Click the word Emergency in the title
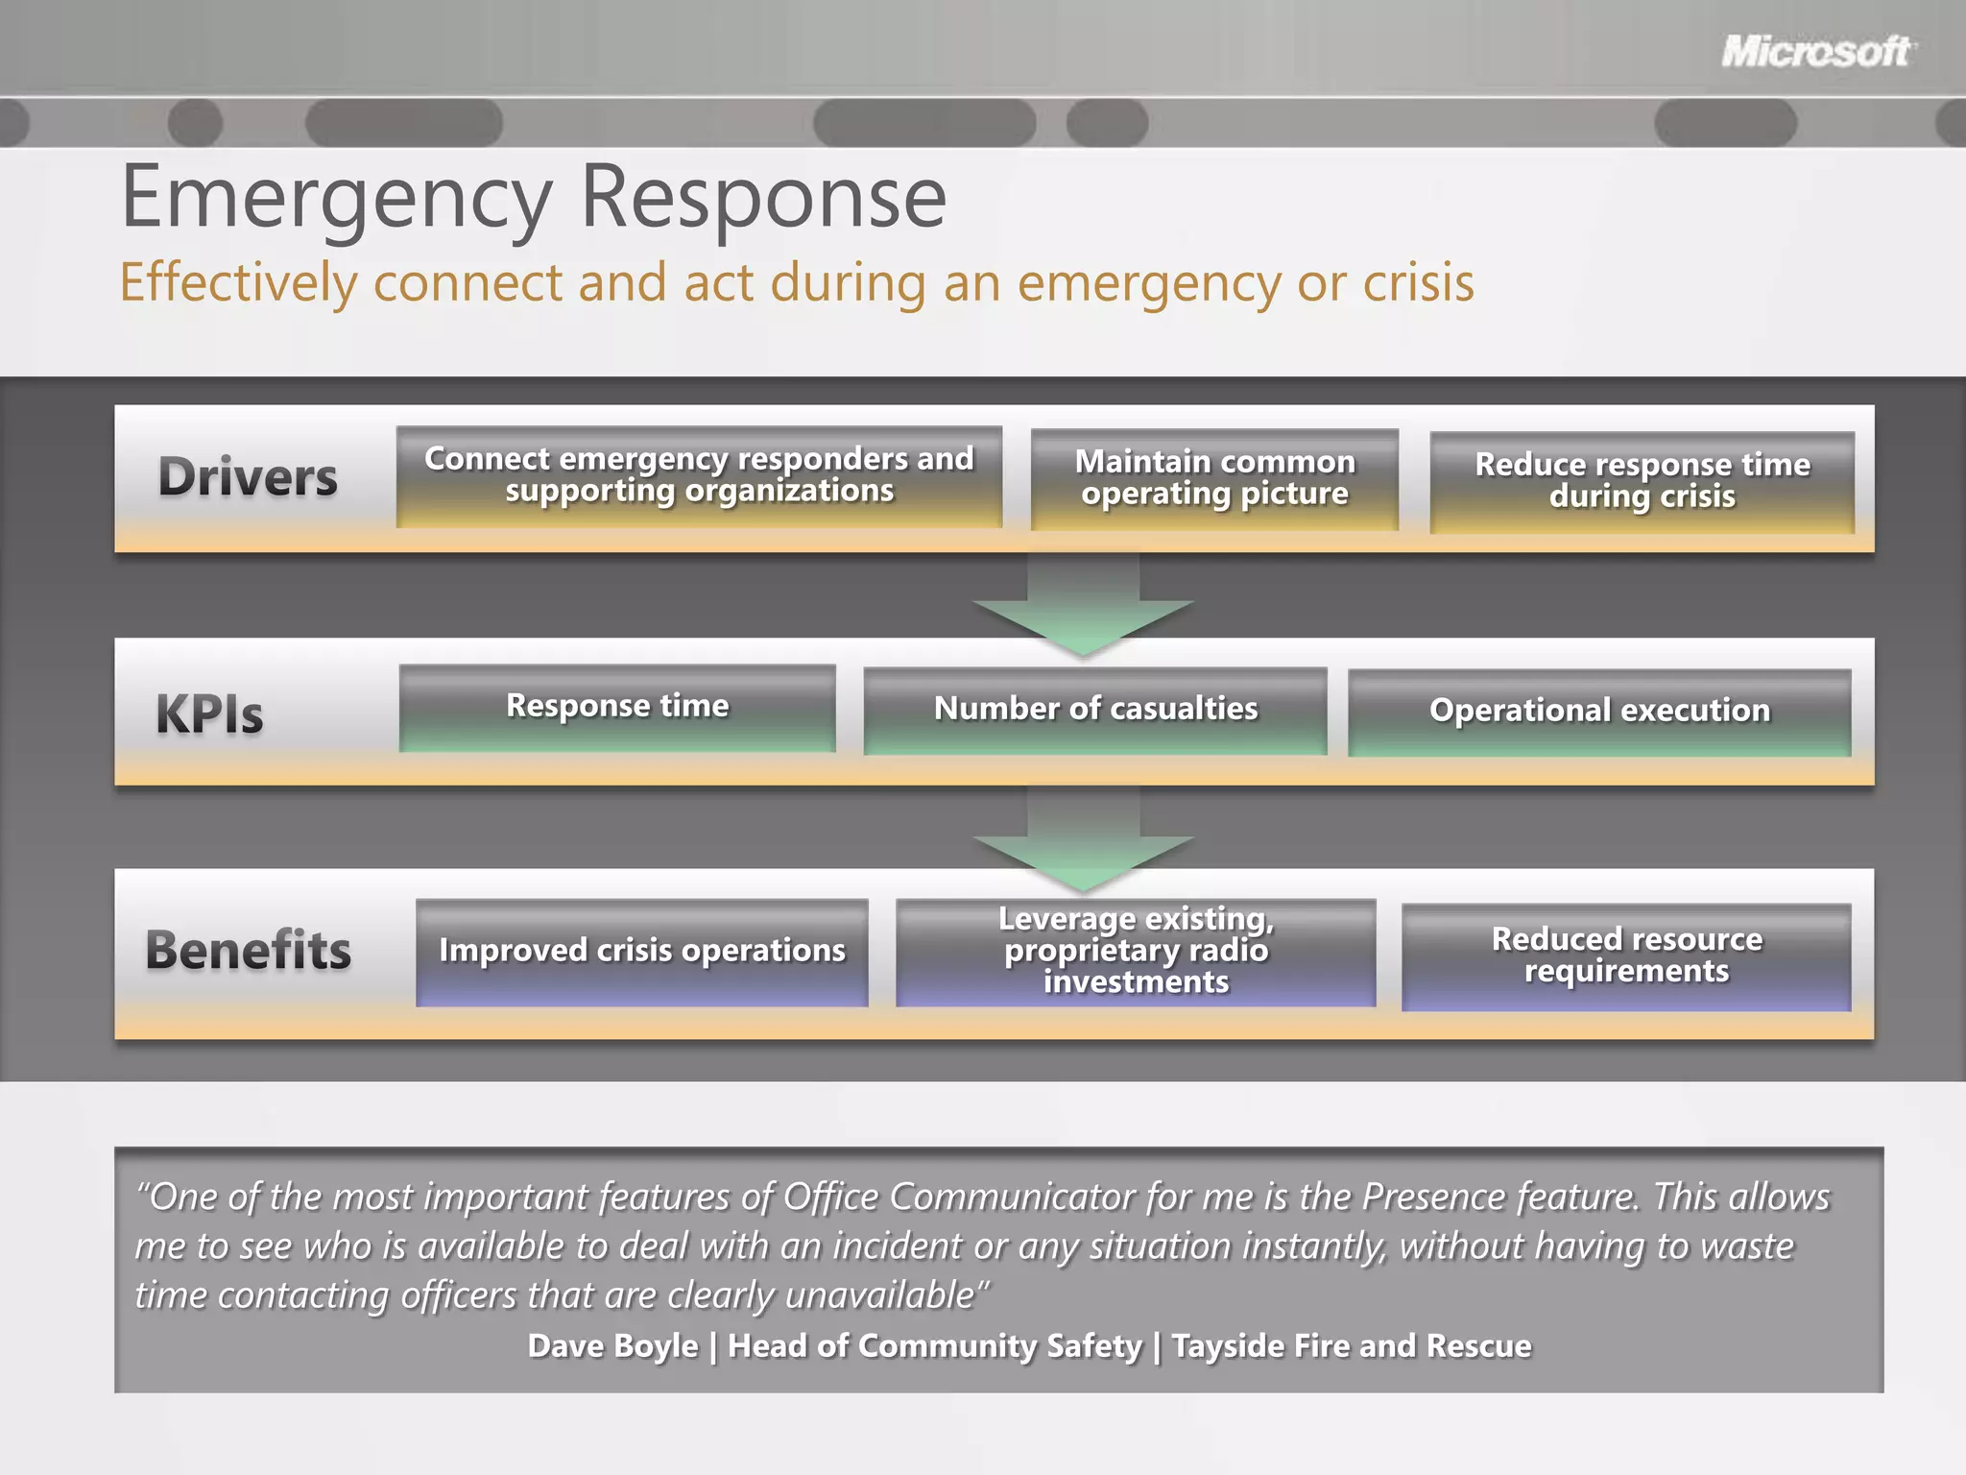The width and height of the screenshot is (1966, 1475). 336,199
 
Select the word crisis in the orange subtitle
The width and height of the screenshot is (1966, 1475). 1419,283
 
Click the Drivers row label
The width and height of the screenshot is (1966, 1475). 248,477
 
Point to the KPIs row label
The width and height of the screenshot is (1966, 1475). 209,714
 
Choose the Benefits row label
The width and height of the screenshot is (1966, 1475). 248,951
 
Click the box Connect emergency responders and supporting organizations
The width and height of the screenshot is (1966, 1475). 699,476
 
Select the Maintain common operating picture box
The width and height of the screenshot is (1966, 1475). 1214,478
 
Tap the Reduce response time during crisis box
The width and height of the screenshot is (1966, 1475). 1642,481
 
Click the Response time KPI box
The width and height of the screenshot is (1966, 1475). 617,708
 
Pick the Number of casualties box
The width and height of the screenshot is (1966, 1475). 1095,711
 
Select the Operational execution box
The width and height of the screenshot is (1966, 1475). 1599,712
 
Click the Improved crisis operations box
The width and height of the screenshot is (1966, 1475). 641,952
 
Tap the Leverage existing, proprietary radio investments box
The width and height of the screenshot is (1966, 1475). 1136,952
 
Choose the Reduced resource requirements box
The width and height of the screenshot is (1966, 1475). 1626,955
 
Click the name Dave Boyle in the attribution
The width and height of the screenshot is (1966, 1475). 612,1346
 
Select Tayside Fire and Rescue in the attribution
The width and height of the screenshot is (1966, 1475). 1352,1346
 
